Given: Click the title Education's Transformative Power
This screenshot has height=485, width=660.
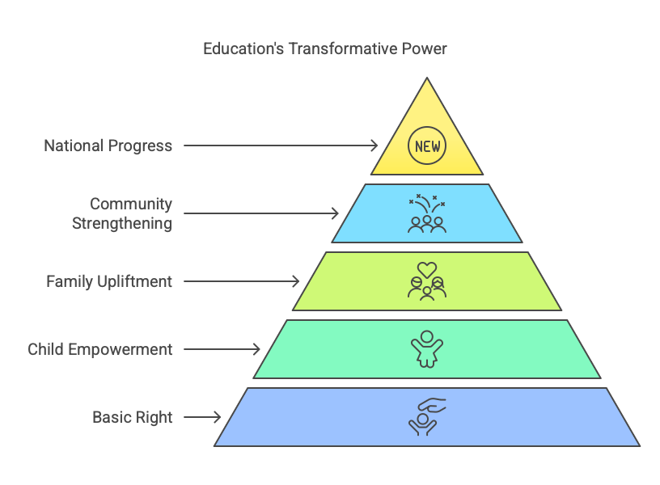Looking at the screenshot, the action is coord(324,48).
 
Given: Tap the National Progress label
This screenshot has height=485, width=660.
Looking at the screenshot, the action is coord(108,146).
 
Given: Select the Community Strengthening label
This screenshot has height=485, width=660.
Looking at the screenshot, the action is coord(122,213).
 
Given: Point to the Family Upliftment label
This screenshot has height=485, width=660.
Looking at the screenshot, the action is coord(109,281).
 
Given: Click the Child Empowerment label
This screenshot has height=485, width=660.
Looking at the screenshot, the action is coord(100,349).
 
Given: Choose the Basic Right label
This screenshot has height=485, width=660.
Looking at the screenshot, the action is coord(132,417).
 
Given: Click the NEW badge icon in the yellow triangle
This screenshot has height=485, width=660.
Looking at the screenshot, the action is coord(427,145).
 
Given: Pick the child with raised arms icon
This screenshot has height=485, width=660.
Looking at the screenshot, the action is coord(427,349).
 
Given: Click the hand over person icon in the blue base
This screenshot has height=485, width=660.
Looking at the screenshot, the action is coord(427,417).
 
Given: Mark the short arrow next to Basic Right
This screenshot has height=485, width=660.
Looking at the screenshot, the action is coord(202,417).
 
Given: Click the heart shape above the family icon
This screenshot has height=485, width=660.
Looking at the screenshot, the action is coord(427,270).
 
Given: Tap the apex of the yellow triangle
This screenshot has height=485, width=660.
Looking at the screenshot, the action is coord(427,78).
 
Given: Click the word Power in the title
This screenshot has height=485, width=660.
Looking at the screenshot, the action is coord(424,48).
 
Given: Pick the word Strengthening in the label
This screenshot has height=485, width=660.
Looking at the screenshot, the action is coord(122,224).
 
